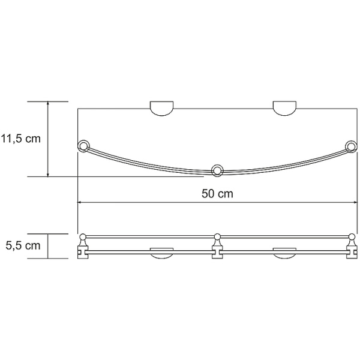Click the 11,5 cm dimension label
click(20, 139)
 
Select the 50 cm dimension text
click(217, 194)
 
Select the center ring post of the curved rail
click(217, 169)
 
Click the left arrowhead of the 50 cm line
click(80, 203)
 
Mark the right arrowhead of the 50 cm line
click(353, 203)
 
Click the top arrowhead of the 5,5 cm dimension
click(49, 236)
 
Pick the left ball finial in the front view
click(83, 236)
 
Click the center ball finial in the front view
click(217, 236)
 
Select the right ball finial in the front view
click(351, 236)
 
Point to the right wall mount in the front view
click(285, 252)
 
